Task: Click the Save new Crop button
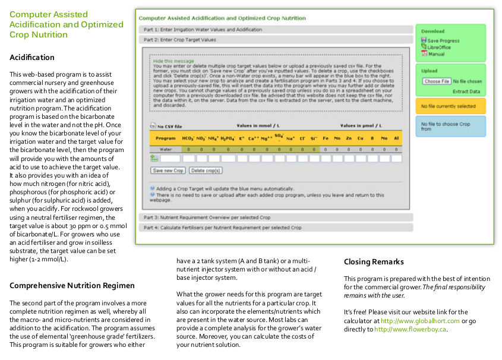[x=168, y=170]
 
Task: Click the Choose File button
[x=437, y=81]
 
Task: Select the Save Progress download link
[x=443, y=41]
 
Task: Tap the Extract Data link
[x=466, y=91]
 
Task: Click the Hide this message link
[x=173, y=61]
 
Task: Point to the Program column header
[x=166, y=138]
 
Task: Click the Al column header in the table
[x=396, y=138]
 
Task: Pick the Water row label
[x=166, y=149]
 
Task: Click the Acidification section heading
[x=32, y=58]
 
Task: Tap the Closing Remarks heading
[x=374, y=262]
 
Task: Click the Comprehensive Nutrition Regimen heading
[x=72, y=286]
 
